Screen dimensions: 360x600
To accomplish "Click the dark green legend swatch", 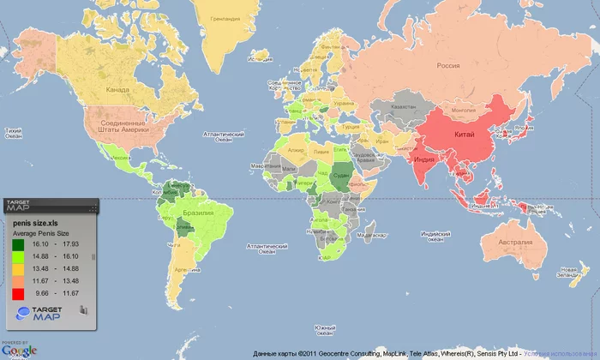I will pos(18,245).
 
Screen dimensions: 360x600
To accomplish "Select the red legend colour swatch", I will pos(18,293).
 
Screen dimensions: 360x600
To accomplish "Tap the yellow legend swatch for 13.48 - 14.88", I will pos(18,269).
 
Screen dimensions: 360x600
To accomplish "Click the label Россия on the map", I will pos(448,65).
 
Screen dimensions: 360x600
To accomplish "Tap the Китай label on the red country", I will pos(464,134).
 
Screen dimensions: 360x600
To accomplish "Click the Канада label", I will pos(117,89).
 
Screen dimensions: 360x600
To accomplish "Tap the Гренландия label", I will pos(225,19).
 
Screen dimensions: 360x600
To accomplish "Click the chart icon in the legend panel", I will pos(84,310).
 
